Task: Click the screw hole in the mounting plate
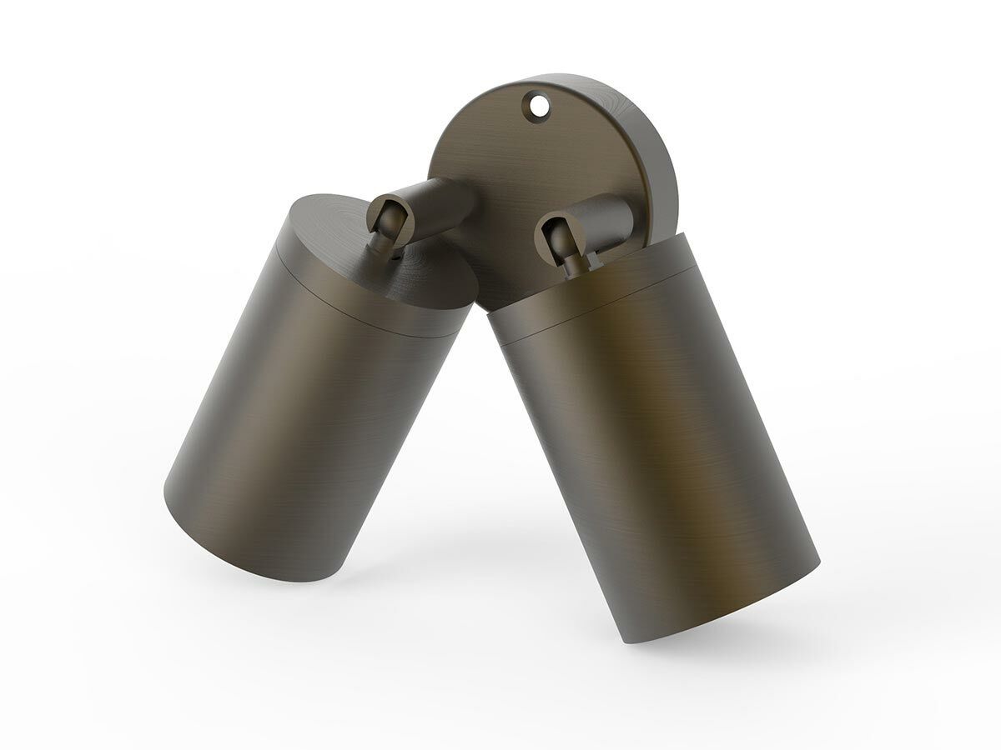click(536, 106)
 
